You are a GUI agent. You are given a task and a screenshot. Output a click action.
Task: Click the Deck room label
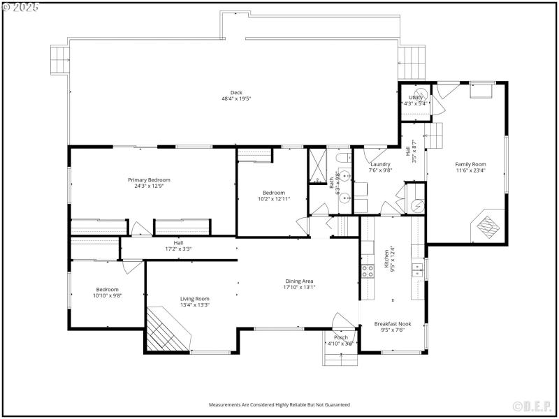pos(236,96)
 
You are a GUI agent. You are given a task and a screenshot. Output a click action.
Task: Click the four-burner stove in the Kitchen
pos(368,271)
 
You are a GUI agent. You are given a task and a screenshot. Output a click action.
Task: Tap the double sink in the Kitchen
pos(417,268)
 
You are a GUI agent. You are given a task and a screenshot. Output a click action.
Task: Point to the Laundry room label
pos(380,164)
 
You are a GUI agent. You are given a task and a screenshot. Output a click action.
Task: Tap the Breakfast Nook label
pos(392,324)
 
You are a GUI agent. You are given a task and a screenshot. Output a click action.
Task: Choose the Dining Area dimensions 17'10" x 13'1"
pos(299,287)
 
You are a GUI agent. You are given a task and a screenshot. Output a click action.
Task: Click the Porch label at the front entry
pos(340,338)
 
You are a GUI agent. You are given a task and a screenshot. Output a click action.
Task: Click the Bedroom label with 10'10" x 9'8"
pos(107,289)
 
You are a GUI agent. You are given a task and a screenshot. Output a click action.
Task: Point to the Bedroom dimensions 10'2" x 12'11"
pos(274,199)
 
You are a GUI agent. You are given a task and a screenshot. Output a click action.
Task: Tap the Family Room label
pos(470,164)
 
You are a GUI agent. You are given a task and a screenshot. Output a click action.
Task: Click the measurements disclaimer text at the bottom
pos(279,405)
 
